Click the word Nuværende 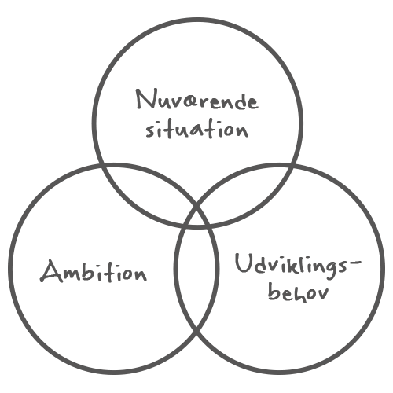pos(197,100)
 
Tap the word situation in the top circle pos(197,129)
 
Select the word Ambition pos(94,272)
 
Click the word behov pos(298,293)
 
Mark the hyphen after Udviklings pos(355,261)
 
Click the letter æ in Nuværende pos(189,102)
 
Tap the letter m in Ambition pos(78,274)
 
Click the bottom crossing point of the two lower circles pos(196,332)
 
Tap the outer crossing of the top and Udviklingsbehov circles pos(292,166)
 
